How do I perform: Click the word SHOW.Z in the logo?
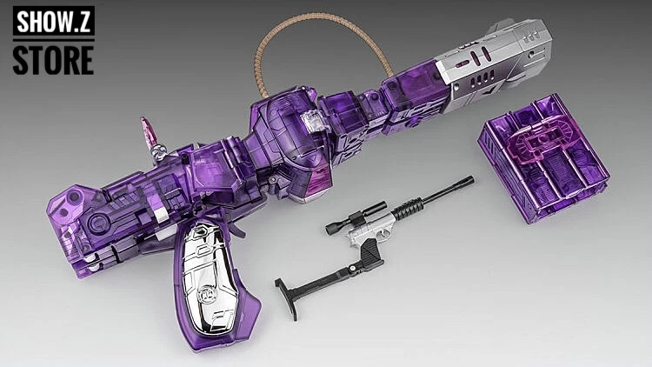point(54,21)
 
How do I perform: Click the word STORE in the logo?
point(53,60)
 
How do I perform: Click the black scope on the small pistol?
point(356,217)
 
